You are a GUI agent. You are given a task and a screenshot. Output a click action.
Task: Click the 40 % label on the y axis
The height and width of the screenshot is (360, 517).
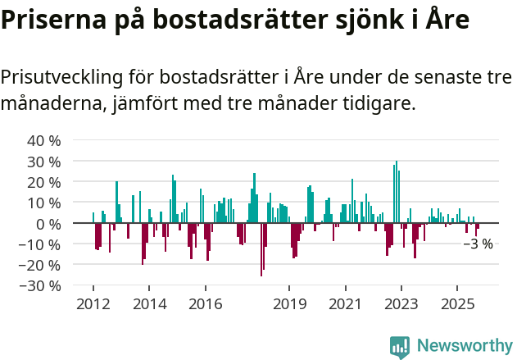click(44, 140)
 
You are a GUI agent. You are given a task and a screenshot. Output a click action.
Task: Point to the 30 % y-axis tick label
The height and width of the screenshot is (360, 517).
click(44, 161)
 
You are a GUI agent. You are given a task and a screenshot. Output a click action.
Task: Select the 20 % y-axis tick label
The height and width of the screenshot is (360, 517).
click(44, 182)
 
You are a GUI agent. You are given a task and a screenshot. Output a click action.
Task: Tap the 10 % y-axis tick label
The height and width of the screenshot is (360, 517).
click(44, 203)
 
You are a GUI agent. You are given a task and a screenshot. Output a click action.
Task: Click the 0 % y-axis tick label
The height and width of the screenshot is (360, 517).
click(48, 223)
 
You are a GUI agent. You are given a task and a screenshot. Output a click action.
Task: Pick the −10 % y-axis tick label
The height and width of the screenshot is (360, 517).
click(41, 244)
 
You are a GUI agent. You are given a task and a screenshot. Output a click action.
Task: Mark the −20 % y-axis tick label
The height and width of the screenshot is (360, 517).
click(41, 265)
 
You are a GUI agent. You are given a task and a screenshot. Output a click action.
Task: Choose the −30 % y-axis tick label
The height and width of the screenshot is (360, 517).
click(41, 286)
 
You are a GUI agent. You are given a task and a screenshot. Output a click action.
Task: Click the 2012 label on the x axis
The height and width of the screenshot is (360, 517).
click(93, 304)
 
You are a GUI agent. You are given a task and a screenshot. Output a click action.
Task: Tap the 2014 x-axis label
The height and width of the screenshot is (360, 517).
click(149, 304)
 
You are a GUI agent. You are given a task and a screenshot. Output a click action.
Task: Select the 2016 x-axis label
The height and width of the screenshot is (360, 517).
click(206, 304)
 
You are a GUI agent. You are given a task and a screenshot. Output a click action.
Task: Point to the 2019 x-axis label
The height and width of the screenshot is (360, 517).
click(289, 304)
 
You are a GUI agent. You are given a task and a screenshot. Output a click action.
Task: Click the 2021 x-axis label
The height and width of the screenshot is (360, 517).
click(345, 304)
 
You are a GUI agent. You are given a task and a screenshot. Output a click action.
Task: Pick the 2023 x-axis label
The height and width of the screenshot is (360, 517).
click(401, 304)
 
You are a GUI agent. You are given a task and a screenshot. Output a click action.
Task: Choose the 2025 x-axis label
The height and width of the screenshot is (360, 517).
click(458, 304)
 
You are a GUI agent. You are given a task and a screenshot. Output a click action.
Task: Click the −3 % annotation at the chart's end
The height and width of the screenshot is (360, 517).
click(478, 244)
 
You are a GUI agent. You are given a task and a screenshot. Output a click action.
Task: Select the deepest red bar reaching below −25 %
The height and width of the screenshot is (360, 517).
click(261, 249)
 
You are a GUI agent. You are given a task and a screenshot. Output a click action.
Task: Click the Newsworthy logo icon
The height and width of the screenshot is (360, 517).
click(400, 346)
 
